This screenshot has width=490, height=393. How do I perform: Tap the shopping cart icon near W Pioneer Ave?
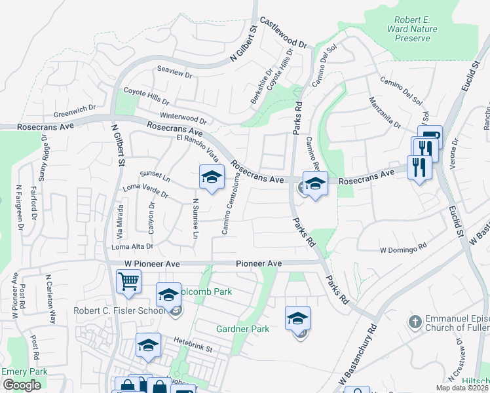pyautogui.click(x=129, y=282)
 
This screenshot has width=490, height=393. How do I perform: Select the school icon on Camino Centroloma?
pyautogui.click(x=212, y=178)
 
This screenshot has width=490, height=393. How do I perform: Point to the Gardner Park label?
pyautogui.click(x=243, y=328)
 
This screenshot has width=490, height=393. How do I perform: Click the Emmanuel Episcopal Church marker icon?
pyautogui.click(x=413, y=322)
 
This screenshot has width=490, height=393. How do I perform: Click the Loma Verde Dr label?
pyautogui.click(x=145, y=192)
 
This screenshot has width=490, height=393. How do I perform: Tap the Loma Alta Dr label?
pyautogui.click(x=132, y=246)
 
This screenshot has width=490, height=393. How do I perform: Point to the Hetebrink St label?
pyautogui.click(x=194, y=341)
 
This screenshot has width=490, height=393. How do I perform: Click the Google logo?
pyautogui.click(x=22, y=385)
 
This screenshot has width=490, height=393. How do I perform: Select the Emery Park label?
pyautogui.click(x=24, y=371)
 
